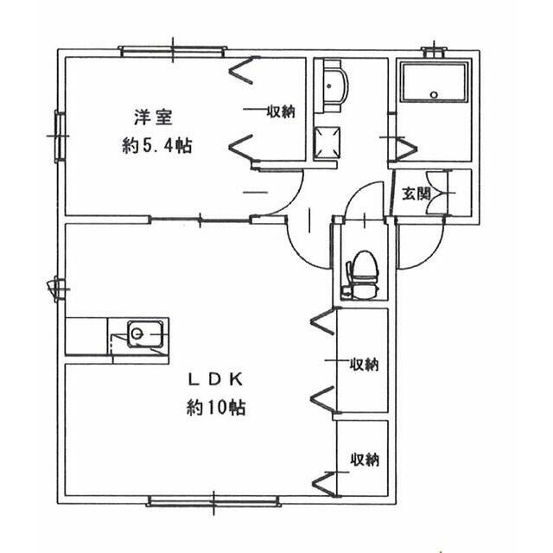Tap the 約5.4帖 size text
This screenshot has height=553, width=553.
[x=156, y=146]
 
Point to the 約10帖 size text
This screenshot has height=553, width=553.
[x=216, y=408]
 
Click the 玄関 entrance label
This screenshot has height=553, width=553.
[x=415, y=194]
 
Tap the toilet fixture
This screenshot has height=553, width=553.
[x=362, y=272]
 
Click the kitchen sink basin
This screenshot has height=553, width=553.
[x=138, y=333]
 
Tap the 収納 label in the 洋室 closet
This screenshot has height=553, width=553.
[x=281, y=111]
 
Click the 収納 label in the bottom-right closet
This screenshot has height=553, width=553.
[x=364, y=459]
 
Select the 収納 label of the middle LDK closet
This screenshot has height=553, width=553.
[x=364, y=364]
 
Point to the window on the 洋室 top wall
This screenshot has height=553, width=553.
[x=173, y=51]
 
